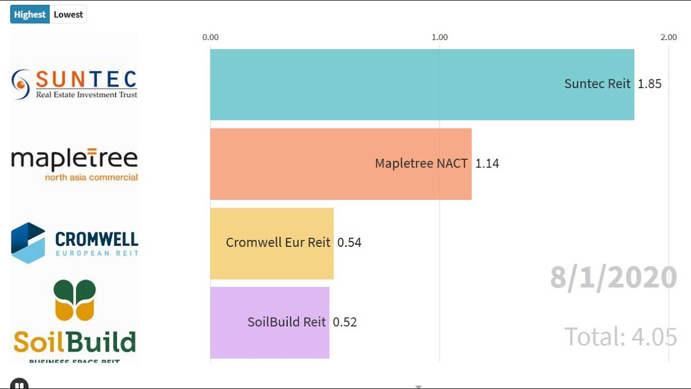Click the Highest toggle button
(x=30, y=15)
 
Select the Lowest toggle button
(x=68, y=15)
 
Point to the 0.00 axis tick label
(x=211, y=37)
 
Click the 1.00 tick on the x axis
(x=439, y=37)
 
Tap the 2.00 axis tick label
(x=668, y=37)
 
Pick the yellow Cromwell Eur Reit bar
(x=272, y=243)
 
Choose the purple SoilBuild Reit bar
(x=269, y=323)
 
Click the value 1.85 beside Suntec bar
(x=649, y=84)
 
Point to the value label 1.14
(x=487, y=164)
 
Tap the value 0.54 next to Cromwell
(x=349, y=243)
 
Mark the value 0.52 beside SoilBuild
(x=345, y=323)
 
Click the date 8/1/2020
(x=613, y=278)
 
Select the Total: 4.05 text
(x=621, y=337)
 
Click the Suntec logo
(x=74, y=84)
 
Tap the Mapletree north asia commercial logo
(x=74, y=164)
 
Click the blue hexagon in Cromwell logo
(x=28, y=243)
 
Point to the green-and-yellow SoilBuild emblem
(x=74, y=300)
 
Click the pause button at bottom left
(x=19, y=384)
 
